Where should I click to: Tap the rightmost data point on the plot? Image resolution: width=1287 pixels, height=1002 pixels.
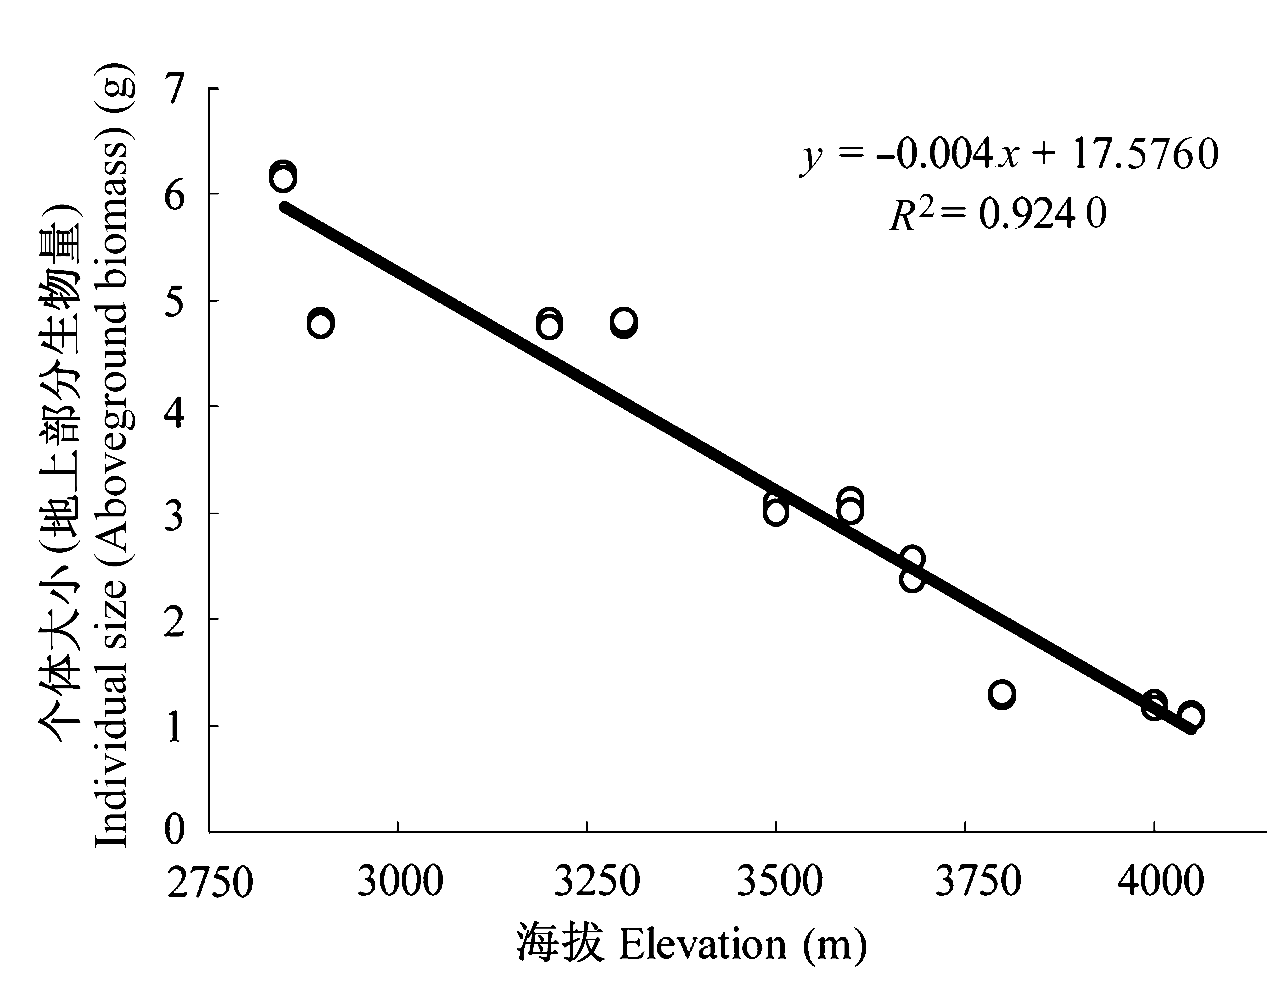1190,715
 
